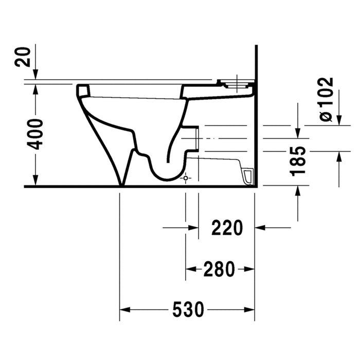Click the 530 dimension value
coord(188,309)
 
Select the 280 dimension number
coord(219,269)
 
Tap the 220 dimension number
coord(227,228)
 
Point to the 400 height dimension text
coord(35,134)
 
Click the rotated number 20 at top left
coord(22,57)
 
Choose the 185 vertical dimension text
coord(298,161)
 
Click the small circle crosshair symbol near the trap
coord(186,178)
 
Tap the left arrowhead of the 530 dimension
coord(125,310)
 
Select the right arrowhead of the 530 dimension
coord(249,310)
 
